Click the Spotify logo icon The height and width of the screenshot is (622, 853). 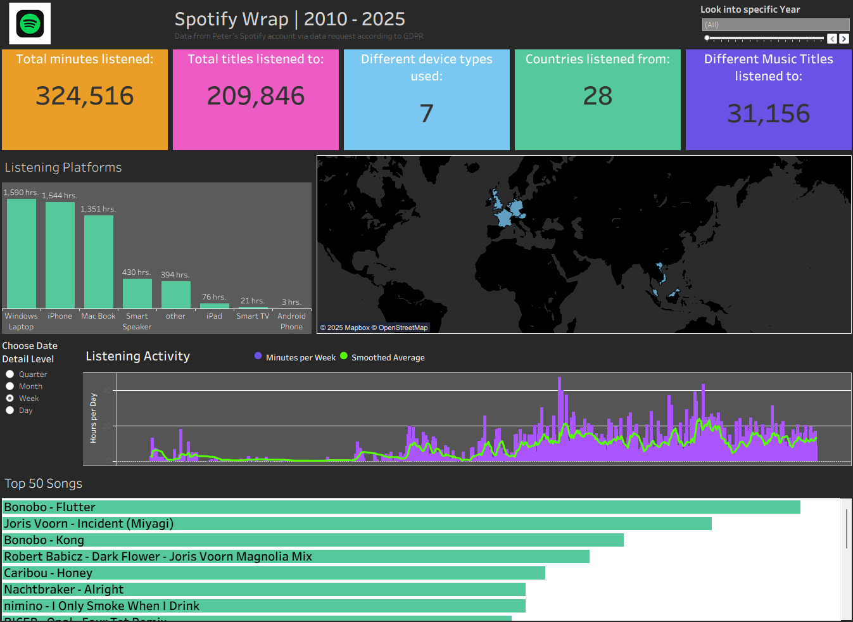[30, 24]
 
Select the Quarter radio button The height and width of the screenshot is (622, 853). [10, 374]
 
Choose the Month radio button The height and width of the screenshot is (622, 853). [10, 386]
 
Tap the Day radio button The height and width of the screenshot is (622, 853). [10, 410]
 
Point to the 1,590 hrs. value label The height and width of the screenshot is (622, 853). [21, 193]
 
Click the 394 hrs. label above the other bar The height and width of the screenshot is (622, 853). [175, 275]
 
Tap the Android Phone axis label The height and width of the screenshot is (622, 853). [291, 321]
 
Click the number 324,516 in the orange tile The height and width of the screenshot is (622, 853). [85, 96]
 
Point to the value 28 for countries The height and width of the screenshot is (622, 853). [597, 96]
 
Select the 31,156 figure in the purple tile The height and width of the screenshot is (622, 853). [768, 114]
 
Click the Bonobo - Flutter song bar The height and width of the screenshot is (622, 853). [401, 507]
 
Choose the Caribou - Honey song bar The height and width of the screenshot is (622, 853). [274, 573]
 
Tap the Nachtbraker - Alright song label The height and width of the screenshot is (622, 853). [64, 590]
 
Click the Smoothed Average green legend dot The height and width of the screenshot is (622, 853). [344, 356]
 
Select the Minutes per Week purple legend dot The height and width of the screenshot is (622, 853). [258, 356]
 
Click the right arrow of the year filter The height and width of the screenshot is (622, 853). [844, 39]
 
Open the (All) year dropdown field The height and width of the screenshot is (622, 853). [775, 25]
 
